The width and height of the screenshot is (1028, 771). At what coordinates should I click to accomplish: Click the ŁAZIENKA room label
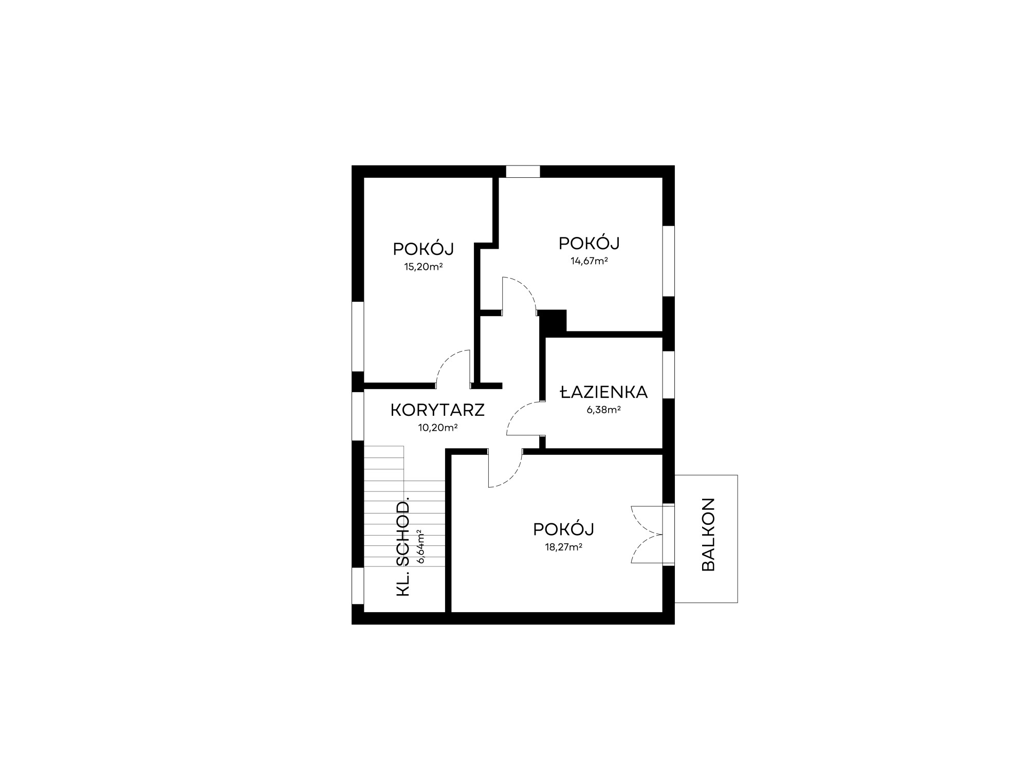604,392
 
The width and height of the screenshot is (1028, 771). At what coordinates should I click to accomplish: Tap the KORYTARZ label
437,410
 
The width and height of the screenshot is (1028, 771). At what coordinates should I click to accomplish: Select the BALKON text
708,535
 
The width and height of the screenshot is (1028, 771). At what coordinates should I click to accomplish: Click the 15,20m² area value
424,267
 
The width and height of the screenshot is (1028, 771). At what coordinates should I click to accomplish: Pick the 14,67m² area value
589,260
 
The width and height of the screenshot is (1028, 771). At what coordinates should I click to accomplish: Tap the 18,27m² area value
563,547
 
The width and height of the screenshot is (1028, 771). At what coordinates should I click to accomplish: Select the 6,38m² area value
604,410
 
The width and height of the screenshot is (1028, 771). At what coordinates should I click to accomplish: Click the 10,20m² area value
438,427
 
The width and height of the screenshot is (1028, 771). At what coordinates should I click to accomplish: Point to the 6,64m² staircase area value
421,546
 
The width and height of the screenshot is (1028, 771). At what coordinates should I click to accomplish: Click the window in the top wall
523,171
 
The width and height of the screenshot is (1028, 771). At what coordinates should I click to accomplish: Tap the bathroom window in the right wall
668,375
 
